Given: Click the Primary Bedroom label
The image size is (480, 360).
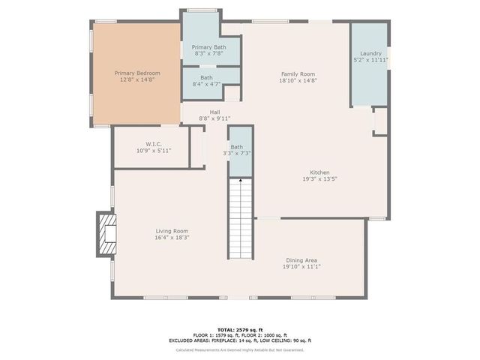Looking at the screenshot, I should tap(137, 73).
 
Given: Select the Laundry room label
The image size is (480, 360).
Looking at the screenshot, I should tap(370, 53).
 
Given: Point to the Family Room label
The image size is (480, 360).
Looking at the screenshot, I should tap(297, 73).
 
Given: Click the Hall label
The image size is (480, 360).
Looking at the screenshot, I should tap(214, 112).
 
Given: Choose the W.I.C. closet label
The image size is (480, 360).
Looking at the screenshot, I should tap(154, 144).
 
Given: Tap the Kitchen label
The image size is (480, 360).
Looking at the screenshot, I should tap(319, 172).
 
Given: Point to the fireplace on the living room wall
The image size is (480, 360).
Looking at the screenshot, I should tap(106, 235).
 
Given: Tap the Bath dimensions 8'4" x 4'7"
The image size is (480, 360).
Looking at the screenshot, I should tap(206, 84).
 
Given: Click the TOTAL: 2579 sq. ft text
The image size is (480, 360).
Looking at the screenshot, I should tap(240, 330).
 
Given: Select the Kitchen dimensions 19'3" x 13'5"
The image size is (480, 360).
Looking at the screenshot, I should tap(319, 179).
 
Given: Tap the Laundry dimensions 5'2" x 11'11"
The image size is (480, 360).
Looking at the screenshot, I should tap(370, 59).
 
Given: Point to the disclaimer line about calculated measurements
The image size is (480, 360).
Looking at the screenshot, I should tap(240, 349).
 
